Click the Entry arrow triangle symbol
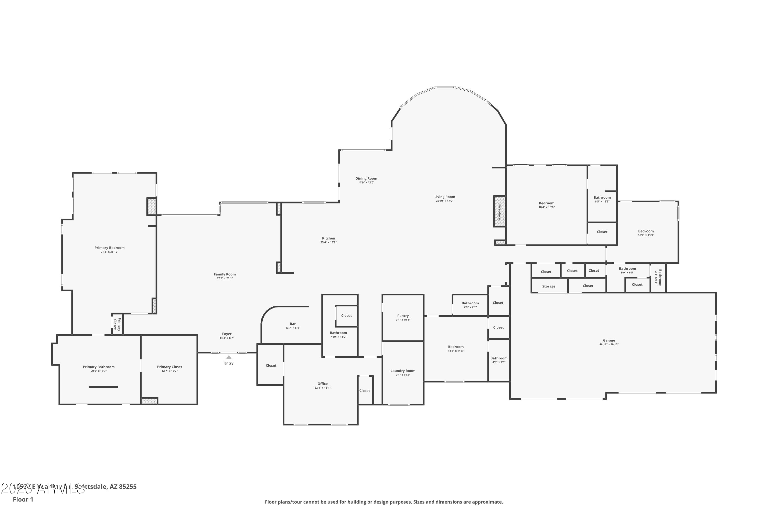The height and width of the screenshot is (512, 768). (229, 357)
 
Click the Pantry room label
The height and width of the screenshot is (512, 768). (403, 316)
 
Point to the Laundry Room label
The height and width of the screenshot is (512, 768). (403, 371)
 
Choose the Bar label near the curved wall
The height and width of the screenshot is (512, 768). (293, 324)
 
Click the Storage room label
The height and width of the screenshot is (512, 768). (549, 286)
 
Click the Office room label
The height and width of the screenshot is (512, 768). (322, 384)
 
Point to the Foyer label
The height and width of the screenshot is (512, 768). (227, 334)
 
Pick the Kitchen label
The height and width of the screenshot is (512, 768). (328, 238)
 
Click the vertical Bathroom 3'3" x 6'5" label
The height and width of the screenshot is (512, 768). (659, 278)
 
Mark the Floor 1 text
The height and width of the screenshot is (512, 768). (23, 499)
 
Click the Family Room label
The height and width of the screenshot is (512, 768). (225, 274)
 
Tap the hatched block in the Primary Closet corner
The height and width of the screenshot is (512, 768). (149, 401)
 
